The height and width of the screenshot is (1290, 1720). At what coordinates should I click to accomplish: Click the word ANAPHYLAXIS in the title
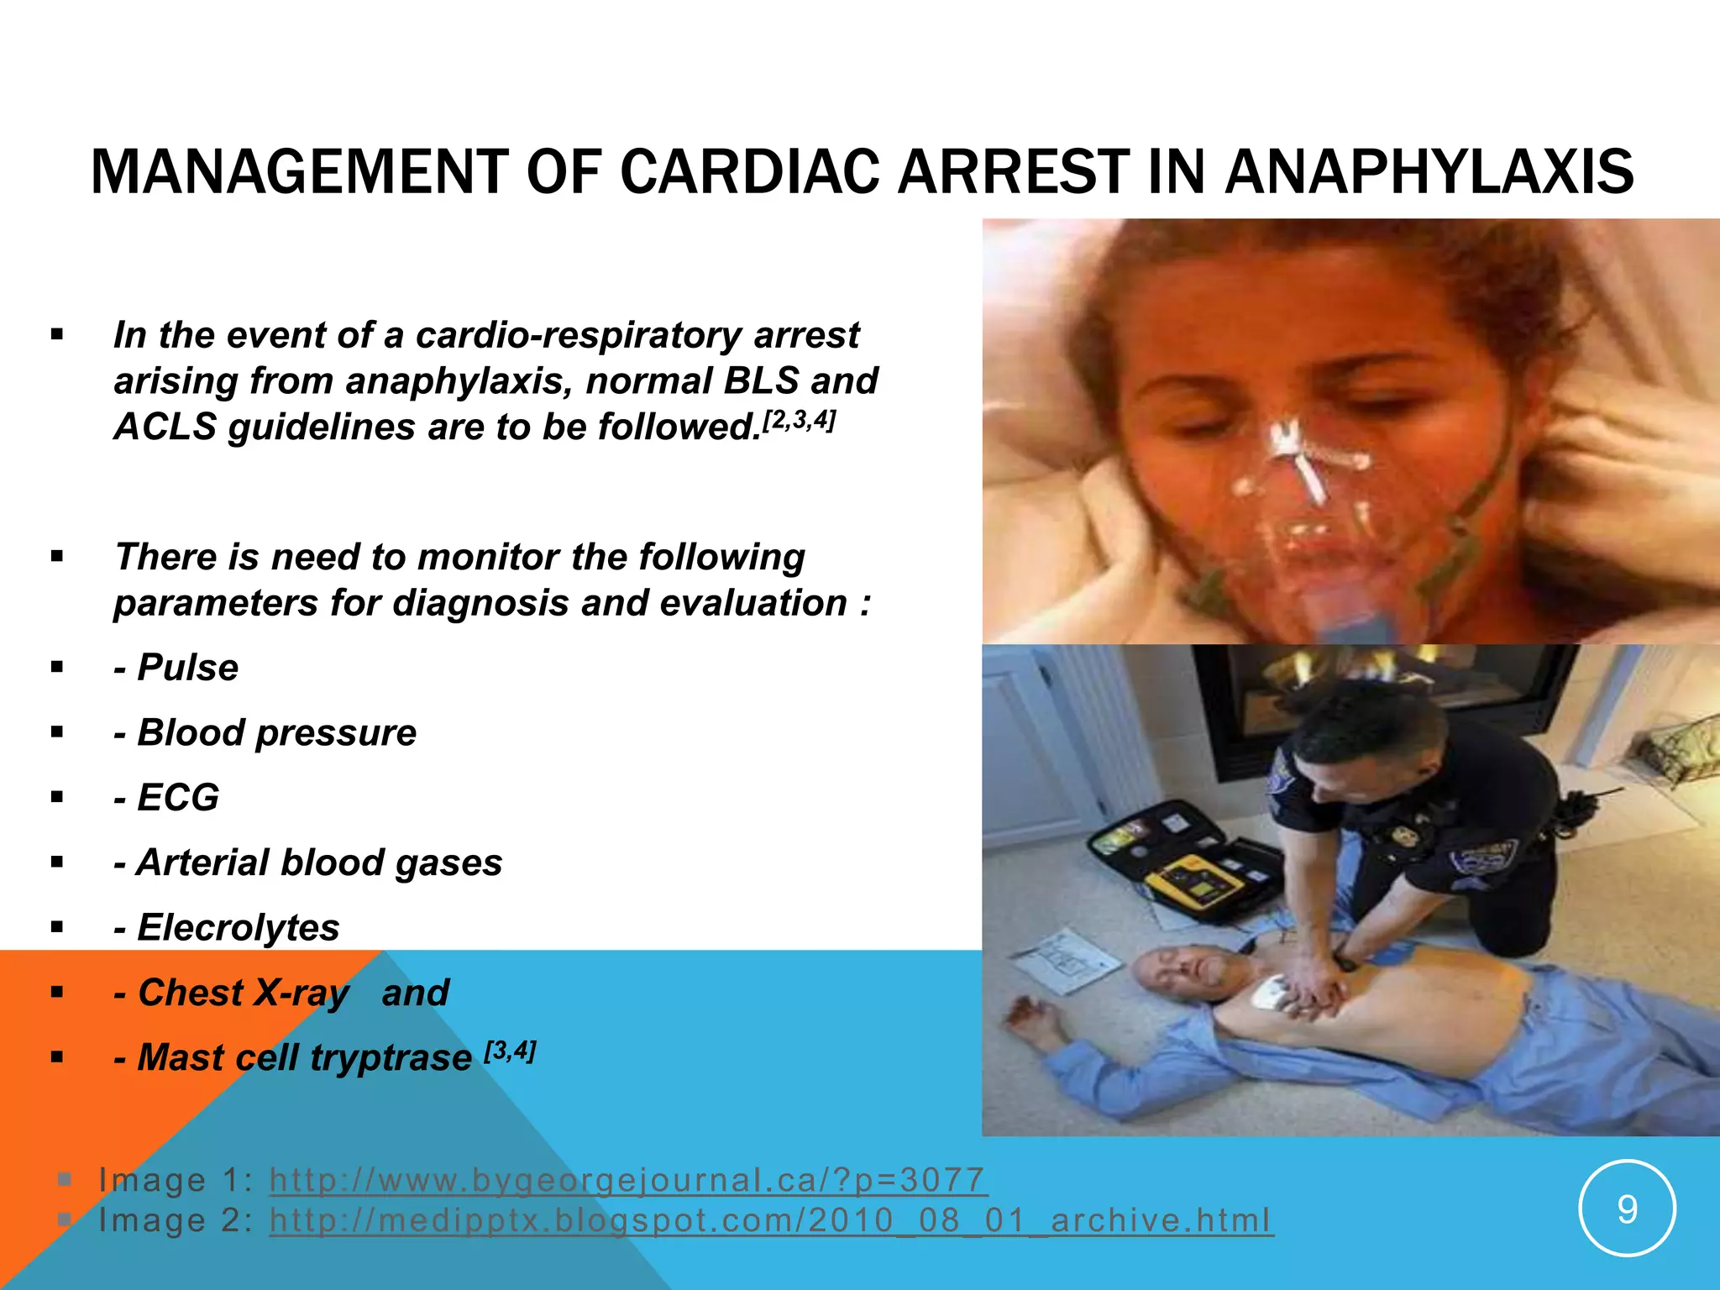1429,172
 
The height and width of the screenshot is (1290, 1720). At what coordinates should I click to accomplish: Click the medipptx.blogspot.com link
771,1220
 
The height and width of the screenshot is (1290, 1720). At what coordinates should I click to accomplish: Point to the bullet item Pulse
187,668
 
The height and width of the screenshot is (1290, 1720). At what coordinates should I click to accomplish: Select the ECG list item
177,797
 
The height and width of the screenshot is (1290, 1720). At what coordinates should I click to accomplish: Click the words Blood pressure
276,732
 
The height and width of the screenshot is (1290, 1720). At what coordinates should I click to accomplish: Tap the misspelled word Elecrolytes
238,927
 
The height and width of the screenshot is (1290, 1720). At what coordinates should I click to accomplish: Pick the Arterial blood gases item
319,863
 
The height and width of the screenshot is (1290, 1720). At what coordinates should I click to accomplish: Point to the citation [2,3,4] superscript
798,420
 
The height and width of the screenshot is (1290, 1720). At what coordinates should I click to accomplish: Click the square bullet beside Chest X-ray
57,993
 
